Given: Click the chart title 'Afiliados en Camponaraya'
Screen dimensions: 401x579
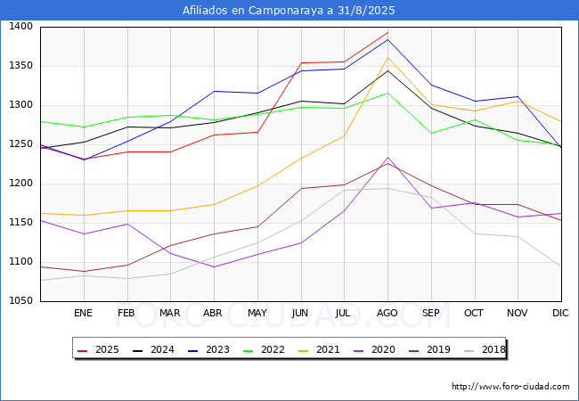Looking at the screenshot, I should click(289, 11).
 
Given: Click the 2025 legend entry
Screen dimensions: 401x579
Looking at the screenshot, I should click(100, 349).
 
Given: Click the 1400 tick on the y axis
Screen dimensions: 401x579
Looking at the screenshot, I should click(21, 27).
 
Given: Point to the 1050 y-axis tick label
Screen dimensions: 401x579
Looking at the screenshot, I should click(21, 301).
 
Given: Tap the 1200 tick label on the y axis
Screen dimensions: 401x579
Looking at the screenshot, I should click(21, 184).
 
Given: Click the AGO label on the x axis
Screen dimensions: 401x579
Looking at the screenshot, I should click(387, 313).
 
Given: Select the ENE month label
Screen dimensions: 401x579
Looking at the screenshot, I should click(83, 313).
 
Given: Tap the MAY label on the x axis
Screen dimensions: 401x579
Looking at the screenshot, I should click(257, 313).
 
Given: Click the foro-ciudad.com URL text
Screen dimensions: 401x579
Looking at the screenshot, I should click(510, 387).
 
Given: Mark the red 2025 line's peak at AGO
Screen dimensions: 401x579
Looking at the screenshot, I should click(387, 32).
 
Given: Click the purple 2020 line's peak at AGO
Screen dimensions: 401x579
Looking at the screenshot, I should click(387, 158).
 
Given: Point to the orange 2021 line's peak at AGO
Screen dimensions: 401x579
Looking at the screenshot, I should click(387, 58).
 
